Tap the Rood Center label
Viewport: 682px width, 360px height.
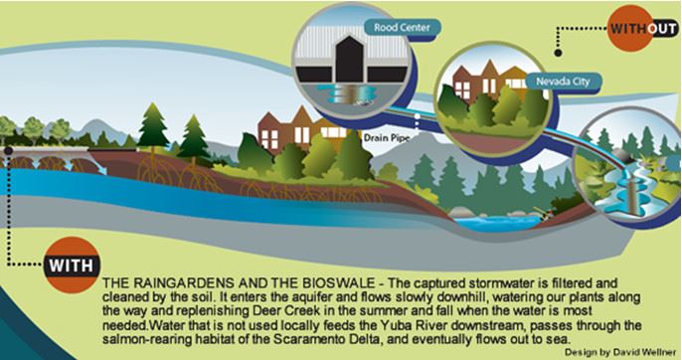click(401, 27)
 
